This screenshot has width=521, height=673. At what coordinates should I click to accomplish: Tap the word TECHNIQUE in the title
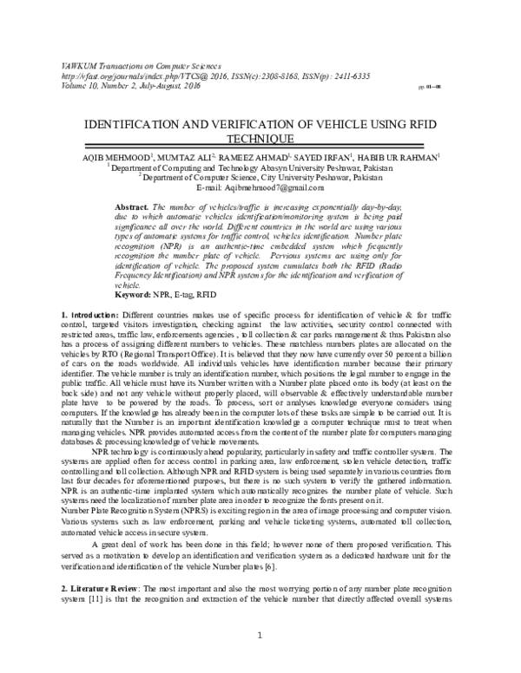pos(260,138)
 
